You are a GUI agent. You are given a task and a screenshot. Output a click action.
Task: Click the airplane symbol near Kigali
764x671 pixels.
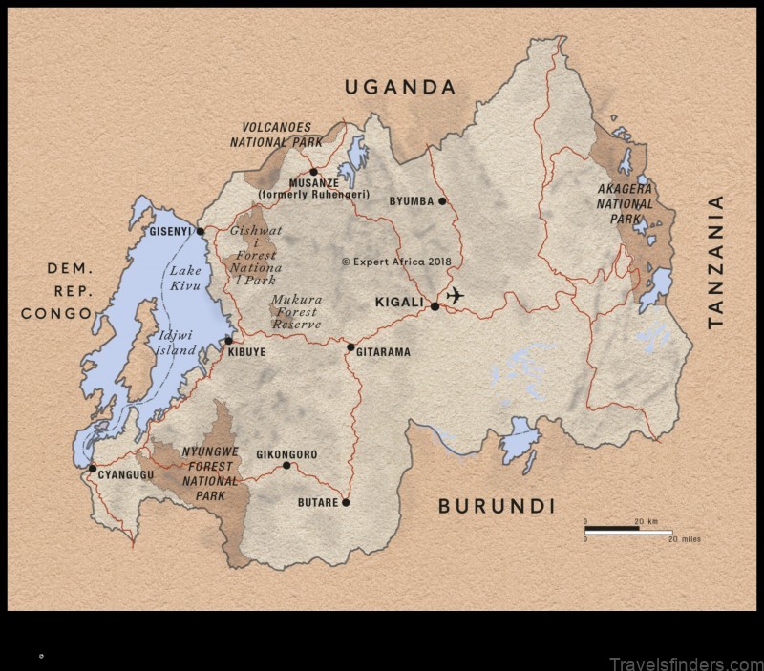[x=455, y=296]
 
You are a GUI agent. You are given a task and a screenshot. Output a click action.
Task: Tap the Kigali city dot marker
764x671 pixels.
[x=435, y=306]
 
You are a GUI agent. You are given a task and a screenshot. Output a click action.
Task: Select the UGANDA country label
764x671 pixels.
[x=400, y=88]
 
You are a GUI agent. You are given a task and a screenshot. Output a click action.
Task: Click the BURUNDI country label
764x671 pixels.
[x=496, y=506]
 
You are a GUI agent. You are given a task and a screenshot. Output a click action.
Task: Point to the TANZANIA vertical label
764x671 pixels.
[x=715, y=262]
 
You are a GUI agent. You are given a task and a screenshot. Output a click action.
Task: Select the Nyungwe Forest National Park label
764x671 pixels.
[x=210, y=473]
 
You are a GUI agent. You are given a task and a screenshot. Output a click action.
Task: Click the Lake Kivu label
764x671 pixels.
[x=185, y=278]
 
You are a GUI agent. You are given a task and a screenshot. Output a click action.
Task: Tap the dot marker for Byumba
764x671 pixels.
[x=442, y=201]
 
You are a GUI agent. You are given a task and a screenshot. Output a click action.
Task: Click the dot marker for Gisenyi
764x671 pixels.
[x=200, y=231]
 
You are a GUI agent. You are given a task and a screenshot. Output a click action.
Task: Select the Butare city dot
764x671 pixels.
[x=346, y=502]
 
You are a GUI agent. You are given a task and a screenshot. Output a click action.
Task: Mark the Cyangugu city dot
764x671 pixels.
[x=92, y=468]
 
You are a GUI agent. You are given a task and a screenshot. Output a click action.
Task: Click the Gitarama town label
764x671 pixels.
[x=383, y=352]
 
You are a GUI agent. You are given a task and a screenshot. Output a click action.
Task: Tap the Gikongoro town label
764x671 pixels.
[x=286, y=454]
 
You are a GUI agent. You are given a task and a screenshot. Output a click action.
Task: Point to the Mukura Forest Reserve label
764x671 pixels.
[x=295, y=312]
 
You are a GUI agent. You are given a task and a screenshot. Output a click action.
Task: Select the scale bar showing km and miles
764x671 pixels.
[x=628, y=531]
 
